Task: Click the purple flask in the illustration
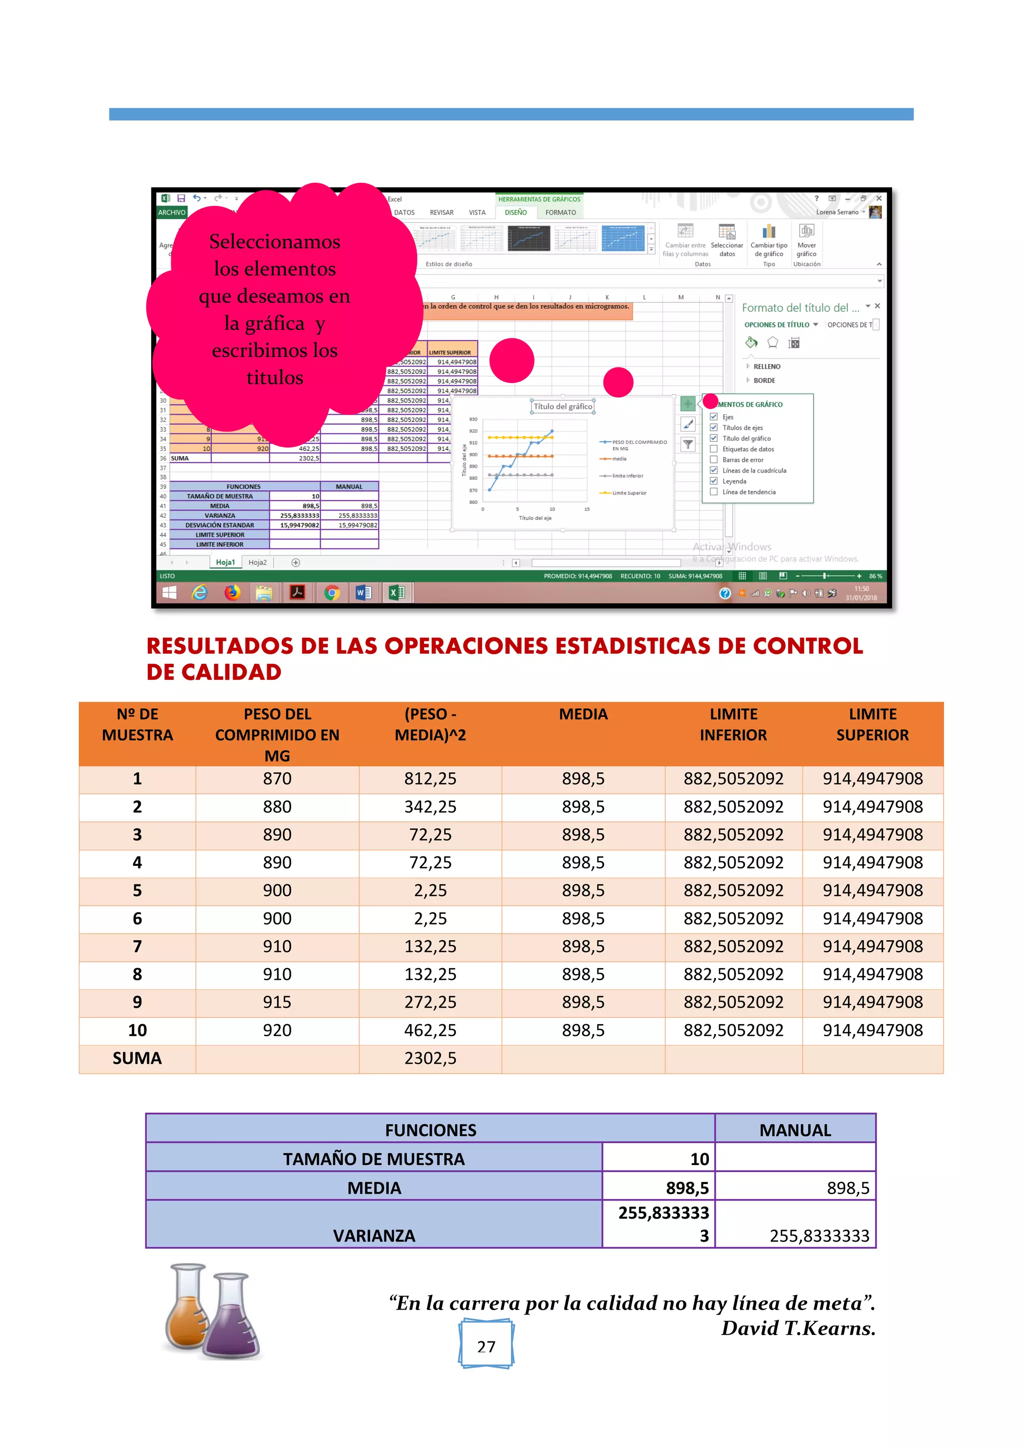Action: [231, 1321]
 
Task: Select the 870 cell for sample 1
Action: [277, 779]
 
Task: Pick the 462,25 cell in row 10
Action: [430, 1031]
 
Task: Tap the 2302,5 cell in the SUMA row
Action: [430, 1058]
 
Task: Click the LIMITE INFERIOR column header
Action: [733, 725]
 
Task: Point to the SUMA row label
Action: [137, 1058]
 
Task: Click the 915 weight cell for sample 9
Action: [277, 1002]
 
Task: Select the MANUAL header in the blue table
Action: [795, 1130]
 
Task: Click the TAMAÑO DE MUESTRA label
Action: [374, 1159]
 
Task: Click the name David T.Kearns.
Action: [798, 1329]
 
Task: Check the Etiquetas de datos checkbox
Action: [714, 449]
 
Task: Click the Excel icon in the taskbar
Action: [397, 592]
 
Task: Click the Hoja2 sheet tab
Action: [257, 562]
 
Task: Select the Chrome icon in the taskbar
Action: [331, 592]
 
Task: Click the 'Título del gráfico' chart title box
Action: [562, 406]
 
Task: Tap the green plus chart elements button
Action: [688, 403]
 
